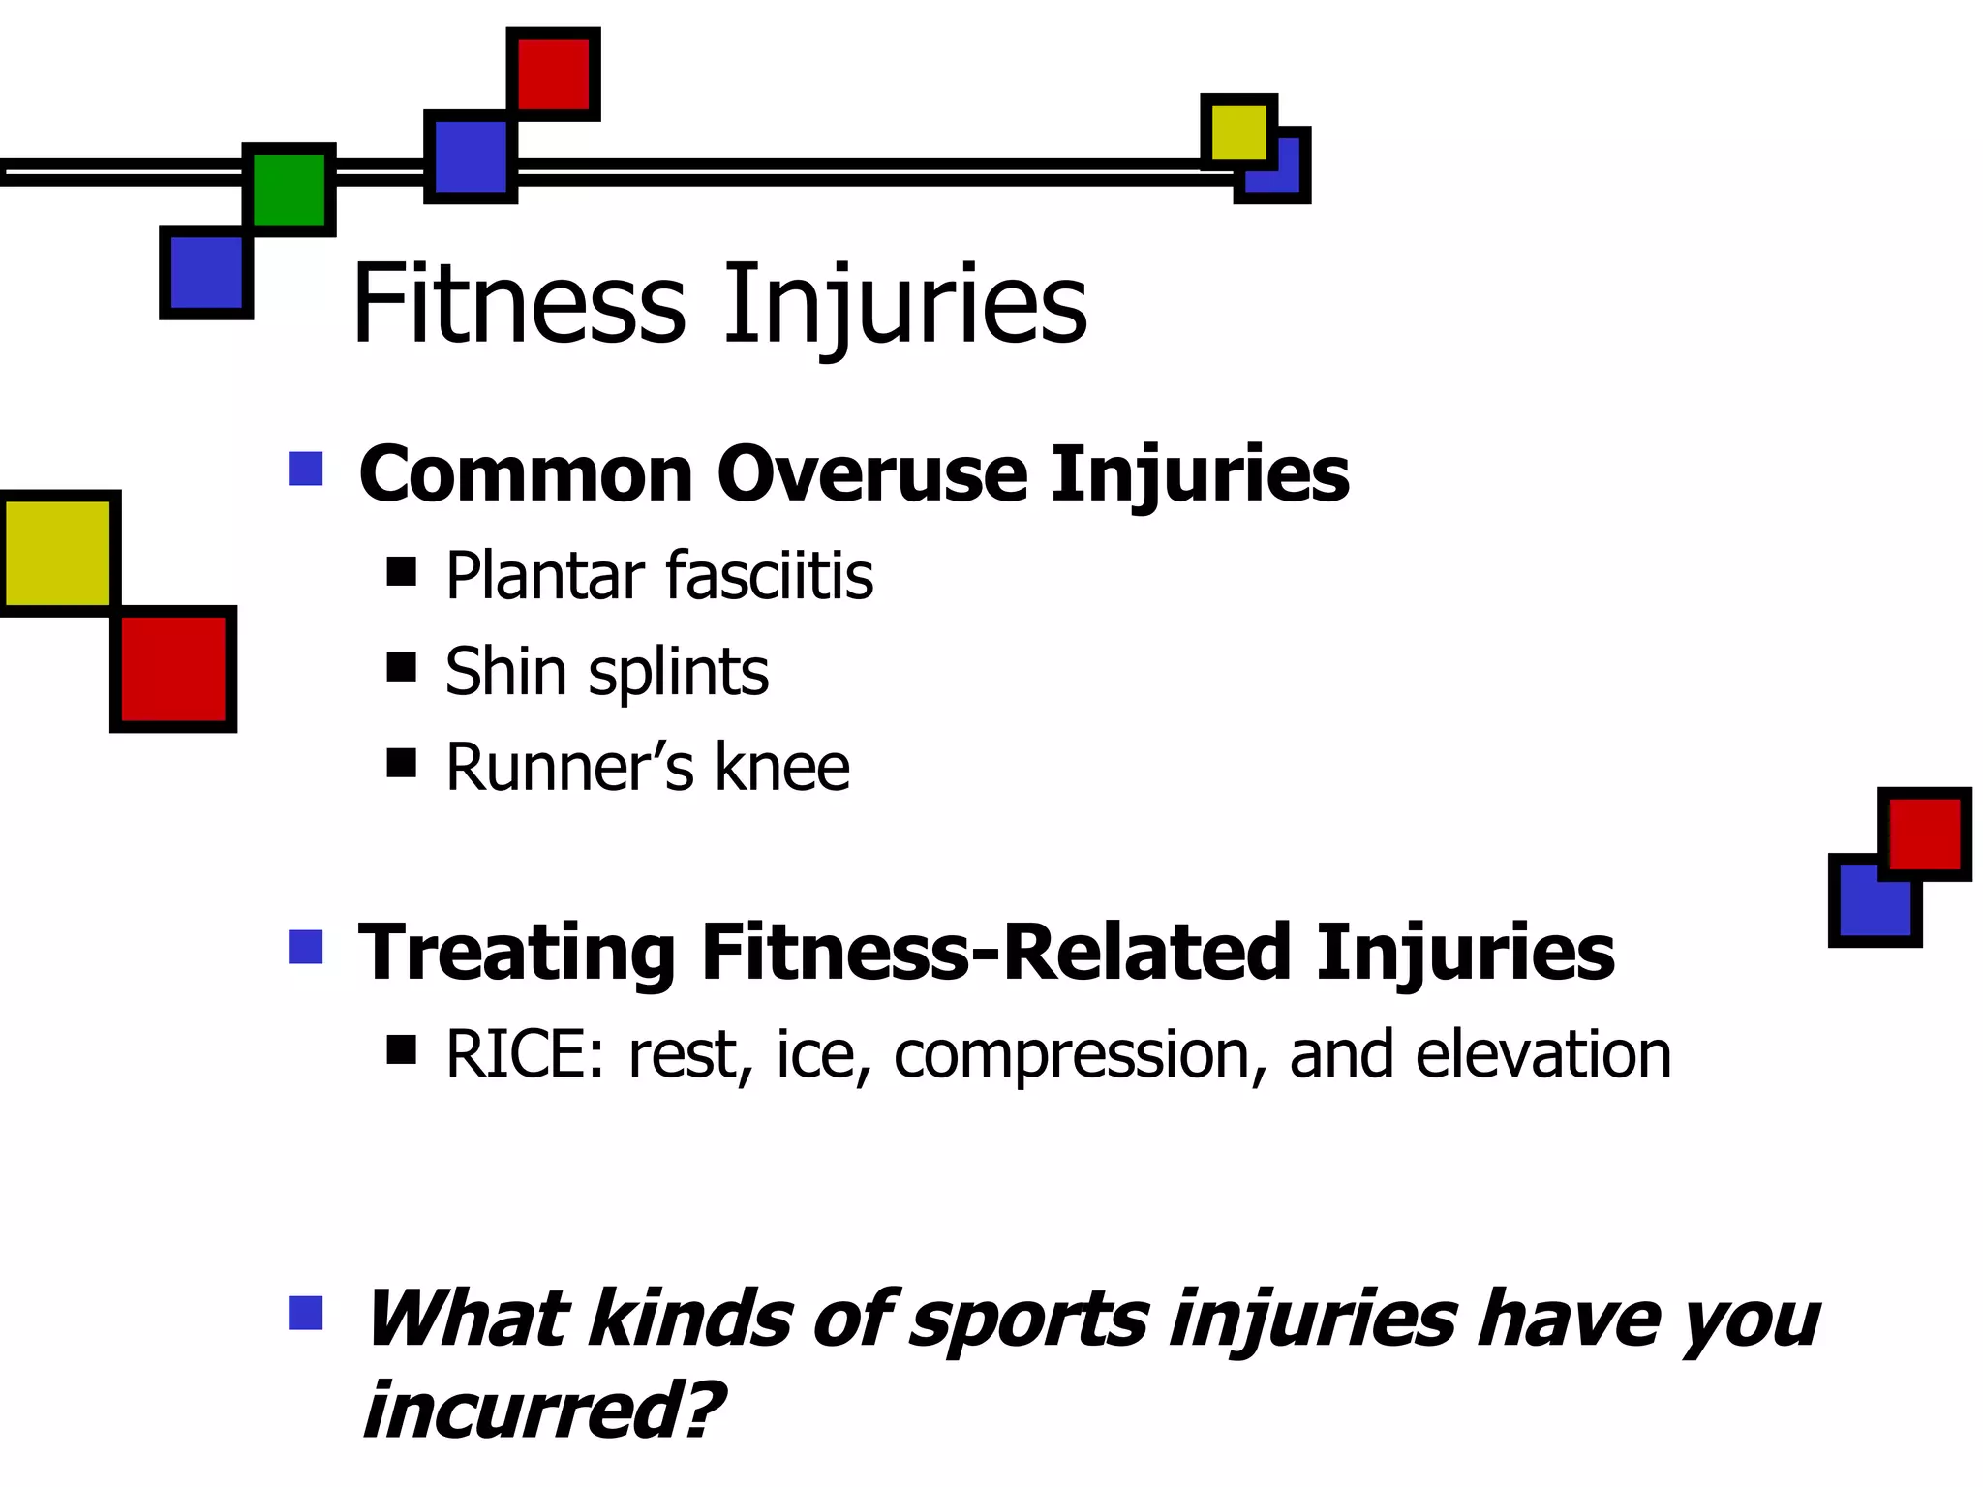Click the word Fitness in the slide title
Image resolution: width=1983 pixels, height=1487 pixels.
519,304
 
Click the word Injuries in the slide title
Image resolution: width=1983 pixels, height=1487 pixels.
904,306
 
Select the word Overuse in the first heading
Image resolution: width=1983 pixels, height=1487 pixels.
871,474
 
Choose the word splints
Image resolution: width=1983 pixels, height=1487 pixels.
678,672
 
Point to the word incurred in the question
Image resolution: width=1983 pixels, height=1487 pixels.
542,1411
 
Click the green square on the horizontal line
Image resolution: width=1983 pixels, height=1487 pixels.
289,190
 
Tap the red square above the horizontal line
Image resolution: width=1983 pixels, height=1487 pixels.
553,74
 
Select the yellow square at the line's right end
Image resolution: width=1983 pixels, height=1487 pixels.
1238,131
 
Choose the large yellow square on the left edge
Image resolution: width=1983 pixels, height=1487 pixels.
58,553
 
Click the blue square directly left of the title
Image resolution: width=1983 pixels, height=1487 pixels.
206,272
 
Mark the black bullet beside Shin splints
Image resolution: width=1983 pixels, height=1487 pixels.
401,667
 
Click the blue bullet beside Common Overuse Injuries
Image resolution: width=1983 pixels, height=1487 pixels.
306,469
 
